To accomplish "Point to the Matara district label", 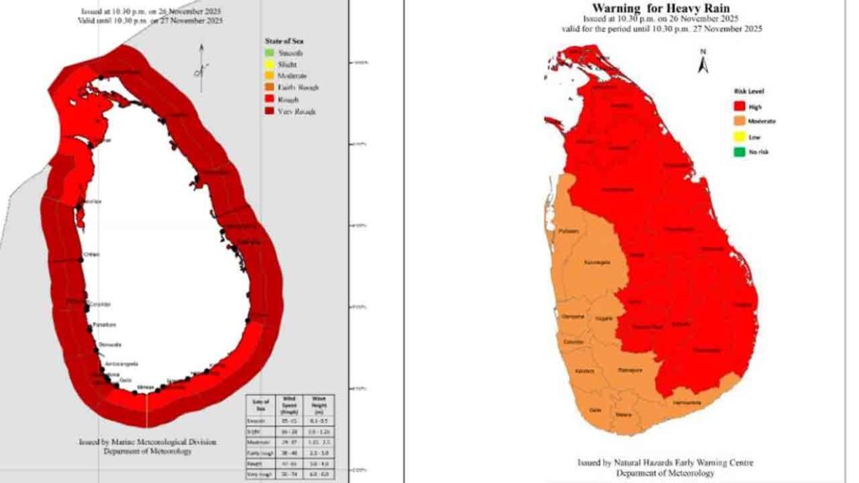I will coord(623,413).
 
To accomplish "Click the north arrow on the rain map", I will coord(704,59).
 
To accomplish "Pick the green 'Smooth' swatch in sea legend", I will coord(261,52).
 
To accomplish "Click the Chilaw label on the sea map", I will coord(91,255).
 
